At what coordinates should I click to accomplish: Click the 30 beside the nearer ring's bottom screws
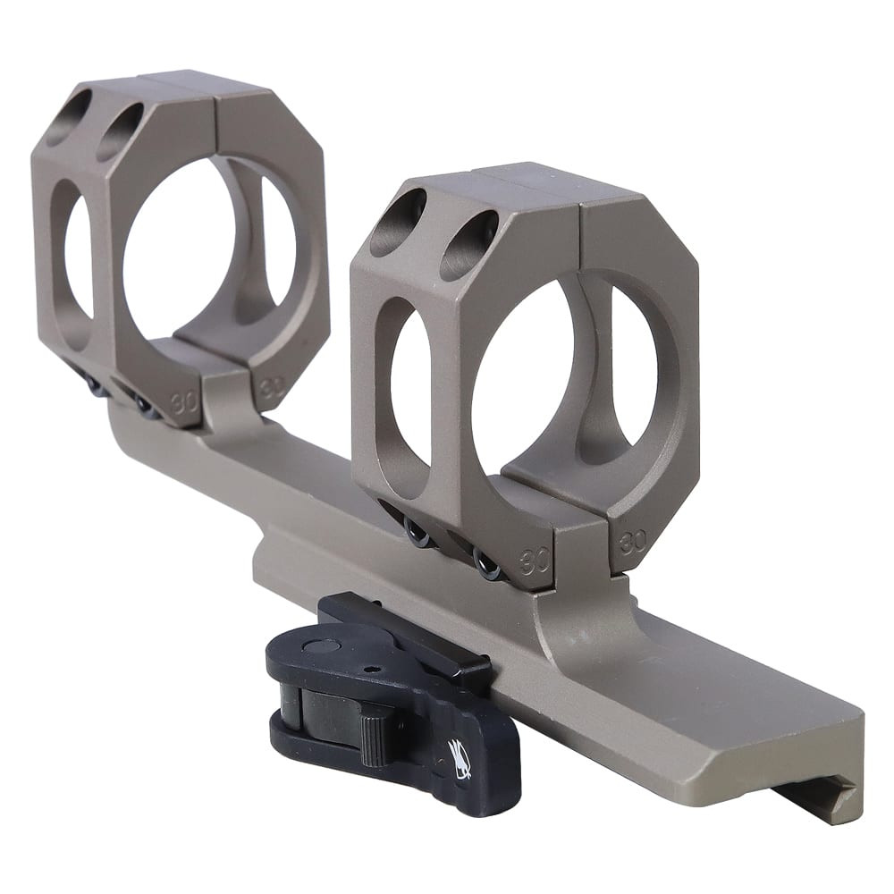536,561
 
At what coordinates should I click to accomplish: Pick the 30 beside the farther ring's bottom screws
184,401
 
